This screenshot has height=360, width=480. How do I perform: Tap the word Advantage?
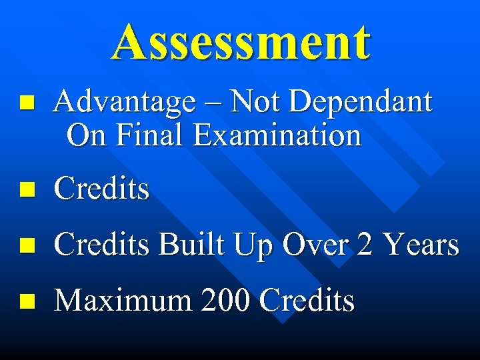[125, 103]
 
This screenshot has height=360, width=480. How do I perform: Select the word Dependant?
[363, 102]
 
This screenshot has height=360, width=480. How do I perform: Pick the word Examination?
[277, 135]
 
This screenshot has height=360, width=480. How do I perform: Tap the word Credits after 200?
[307, 300]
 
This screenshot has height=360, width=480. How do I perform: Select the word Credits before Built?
[102, 245]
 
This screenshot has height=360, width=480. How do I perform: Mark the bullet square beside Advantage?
[26, 103]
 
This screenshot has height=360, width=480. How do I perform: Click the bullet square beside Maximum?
[26, 301]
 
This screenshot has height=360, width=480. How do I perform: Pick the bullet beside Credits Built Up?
[26, 246]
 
